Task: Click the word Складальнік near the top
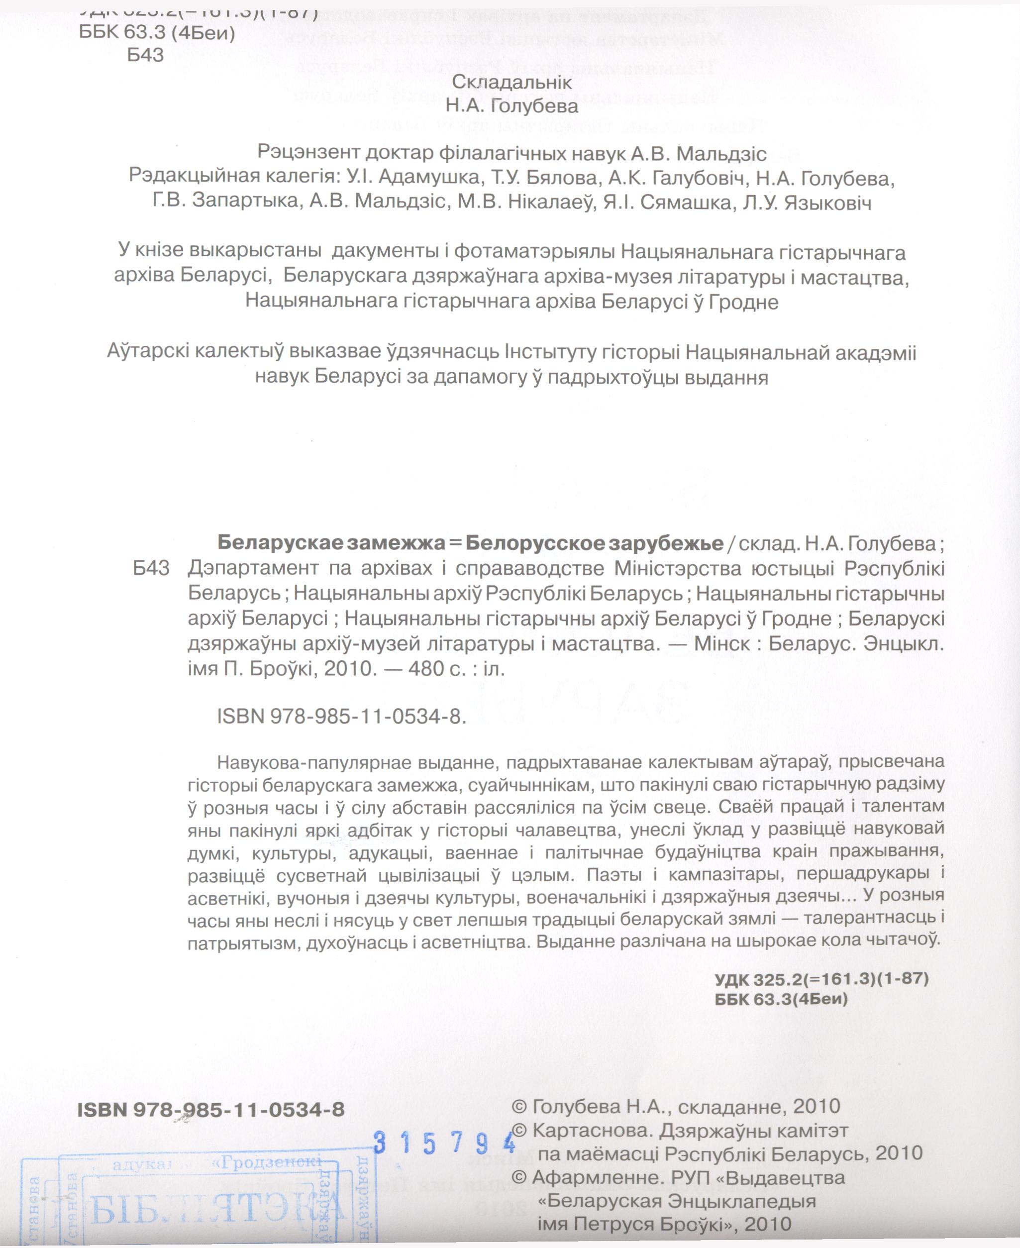coord(511,82)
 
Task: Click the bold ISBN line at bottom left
coord(211,1109)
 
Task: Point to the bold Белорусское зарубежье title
coord(594,543)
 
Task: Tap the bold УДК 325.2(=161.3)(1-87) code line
coord(821,979)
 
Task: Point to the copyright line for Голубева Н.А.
coord(676,1107)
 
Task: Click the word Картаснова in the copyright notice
coord(589,1131)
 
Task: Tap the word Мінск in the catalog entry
coord(722,644)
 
